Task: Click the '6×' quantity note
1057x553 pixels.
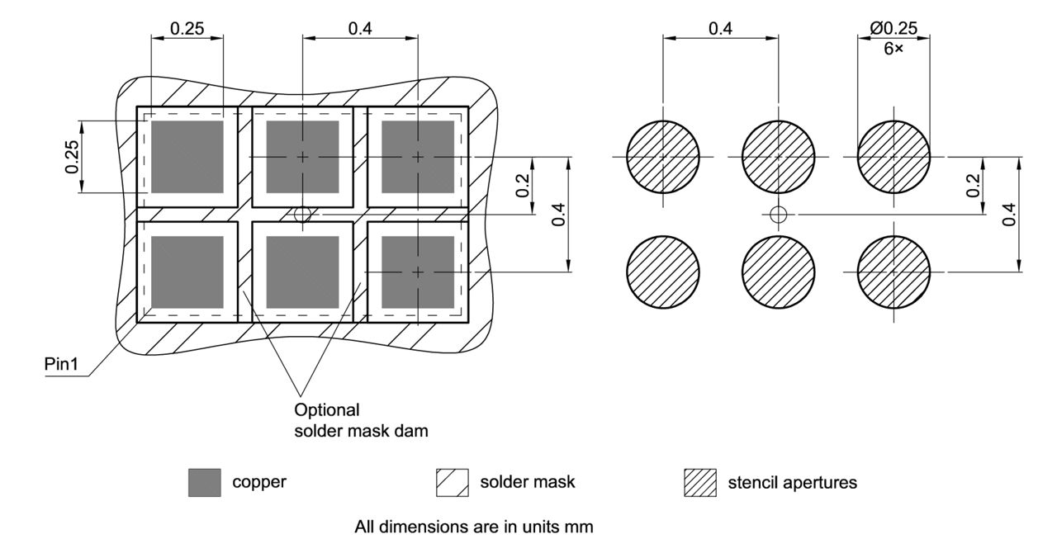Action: point(893,49)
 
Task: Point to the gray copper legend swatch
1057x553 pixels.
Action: point(204,483)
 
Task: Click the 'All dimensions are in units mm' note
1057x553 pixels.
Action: point(474,526)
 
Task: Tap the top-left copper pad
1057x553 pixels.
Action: point(187,157)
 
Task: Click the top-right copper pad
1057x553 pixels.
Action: point(418,157)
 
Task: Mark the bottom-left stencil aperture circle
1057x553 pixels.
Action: point(663,272)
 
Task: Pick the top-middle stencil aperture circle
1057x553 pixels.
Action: point(778,157)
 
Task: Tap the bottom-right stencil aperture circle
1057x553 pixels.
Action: point(893,272)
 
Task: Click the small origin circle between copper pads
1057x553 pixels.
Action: point(302,215)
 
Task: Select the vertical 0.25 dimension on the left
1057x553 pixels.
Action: point(72,156)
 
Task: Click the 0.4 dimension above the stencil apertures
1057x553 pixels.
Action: point(720,29)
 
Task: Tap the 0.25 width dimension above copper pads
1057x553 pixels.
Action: point(187,29)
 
